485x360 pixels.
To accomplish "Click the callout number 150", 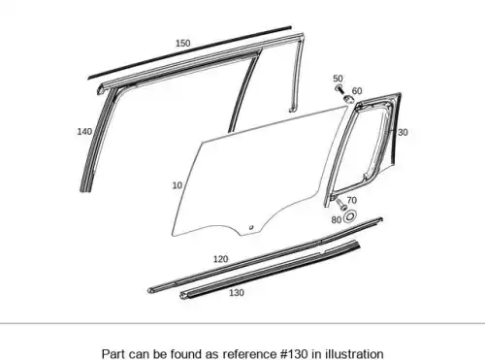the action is [183, 44].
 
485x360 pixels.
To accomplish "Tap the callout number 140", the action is [84, 132].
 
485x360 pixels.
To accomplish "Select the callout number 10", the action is [178, 185].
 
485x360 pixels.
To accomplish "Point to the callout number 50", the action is [338, 79].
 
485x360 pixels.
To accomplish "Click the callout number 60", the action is [357, 91].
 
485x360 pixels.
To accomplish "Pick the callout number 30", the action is [403, 132].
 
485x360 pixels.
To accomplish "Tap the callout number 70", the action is [352, 200].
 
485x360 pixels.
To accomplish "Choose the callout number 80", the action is [337, 220].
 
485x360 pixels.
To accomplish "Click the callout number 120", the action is [220, 259].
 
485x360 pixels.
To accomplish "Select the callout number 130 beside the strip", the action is [237, 293].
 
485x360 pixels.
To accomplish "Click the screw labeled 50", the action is [339, 88].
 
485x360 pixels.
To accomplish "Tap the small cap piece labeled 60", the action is [348, 99].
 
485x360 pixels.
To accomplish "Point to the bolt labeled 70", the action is [341, 205].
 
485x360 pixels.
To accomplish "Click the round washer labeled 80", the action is [349, 216].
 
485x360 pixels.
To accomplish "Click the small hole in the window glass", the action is [251, 227].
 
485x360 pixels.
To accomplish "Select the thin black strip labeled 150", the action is [190, 52].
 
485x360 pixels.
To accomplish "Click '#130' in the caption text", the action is [294, 353].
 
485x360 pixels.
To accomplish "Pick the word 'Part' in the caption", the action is [113, 353].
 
